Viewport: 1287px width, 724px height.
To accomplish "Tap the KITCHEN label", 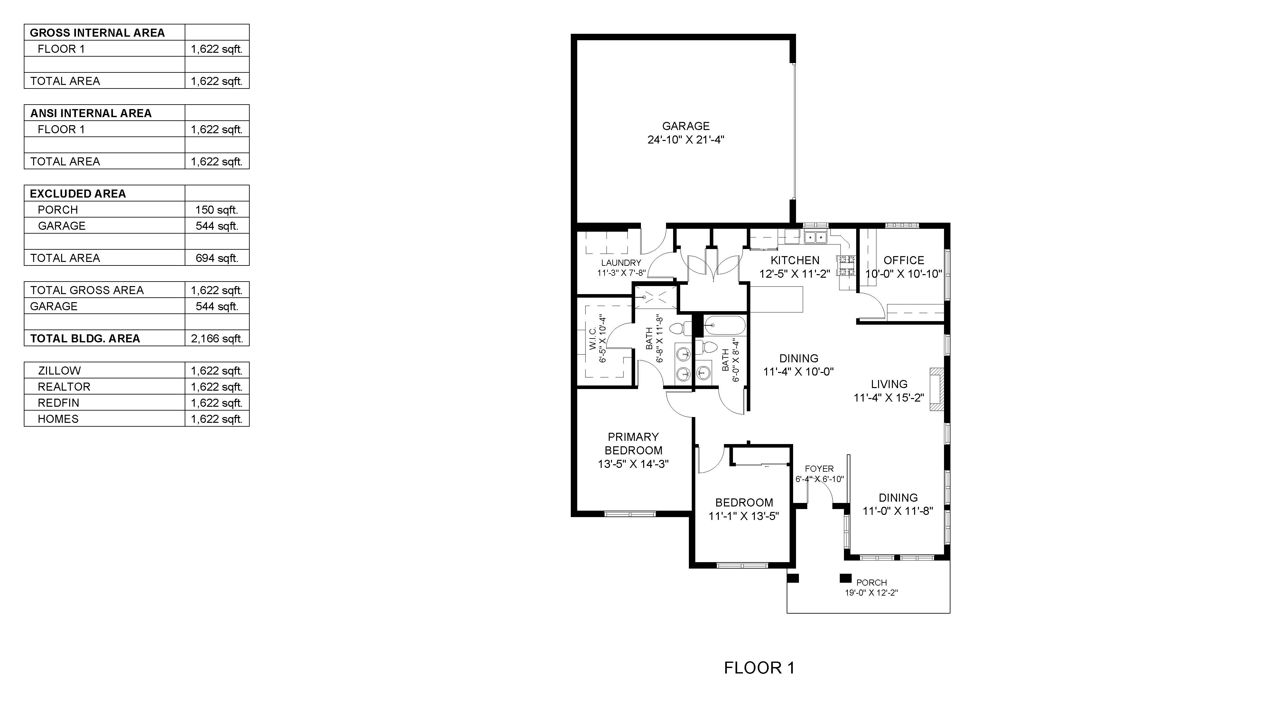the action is click(795, 260).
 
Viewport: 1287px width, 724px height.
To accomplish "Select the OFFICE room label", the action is click(904, 260).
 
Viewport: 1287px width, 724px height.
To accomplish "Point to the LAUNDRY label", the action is click(621, 263).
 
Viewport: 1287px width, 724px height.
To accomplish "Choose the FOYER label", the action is click(819, 469).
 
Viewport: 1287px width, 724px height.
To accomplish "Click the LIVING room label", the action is click(889, 384).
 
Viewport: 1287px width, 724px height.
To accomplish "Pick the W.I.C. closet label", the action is click(593, 339).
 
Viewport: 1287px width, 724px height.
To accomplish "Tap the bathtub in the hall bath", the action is click(725, 326).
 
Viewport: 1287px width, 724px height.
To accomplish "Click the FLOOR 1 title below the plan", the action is click(759, 668).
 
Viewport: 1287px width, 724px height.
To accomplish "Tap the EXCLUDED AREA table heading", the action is click(78, 194).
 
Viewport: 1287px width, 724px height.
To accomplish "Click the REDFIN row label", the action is click(59, 403).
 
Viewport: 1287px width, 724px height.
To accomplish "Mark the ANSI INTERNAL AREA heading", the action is click(91, 113).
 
